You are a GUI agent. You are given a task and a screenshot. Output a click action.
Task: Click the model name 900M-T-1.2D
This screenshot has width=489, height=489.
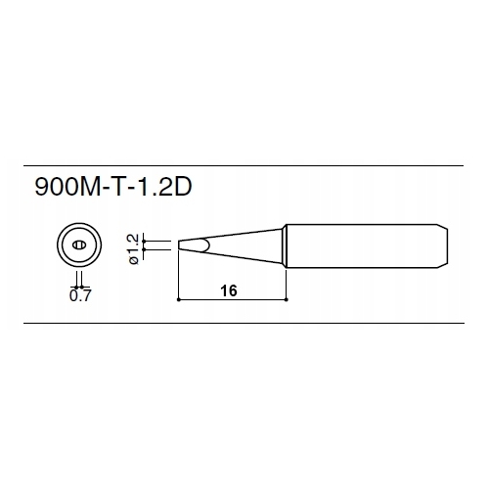click(113, 187)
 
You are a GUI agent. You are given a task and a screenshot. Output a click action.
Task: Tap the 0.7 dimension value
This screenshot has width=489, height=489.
click(80, 295)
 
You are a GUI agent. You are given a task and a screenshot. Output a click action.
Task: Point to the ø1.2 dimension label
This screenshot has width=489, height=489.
click(134, 248)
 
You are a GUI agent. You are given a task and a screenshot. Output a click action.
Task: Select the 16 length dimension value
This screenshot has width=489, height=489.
click(229, 290)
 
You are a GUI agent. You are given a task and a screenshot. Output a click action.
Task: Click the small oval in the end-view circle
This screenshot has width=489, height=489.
click(79, 244)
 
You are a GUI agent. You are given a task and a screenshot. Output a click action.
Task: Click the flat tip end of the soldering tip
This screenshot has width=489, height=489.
click(179, 245)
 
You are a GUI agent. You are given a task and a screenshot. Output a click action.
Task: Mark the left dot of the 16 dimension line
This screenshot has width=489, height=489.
click(178, 299)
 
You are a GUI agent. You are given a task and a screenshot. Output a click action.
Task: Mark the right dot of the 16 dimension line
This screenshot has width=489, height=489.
click(286, 299)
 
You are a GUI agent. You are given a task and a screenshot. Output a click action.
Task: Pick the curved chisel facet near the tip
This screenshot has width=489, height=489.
click(204, 244)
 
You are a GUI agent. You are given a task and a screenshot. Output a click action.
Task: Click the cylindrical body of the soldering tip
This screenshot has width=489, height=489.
click(362, 245)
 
